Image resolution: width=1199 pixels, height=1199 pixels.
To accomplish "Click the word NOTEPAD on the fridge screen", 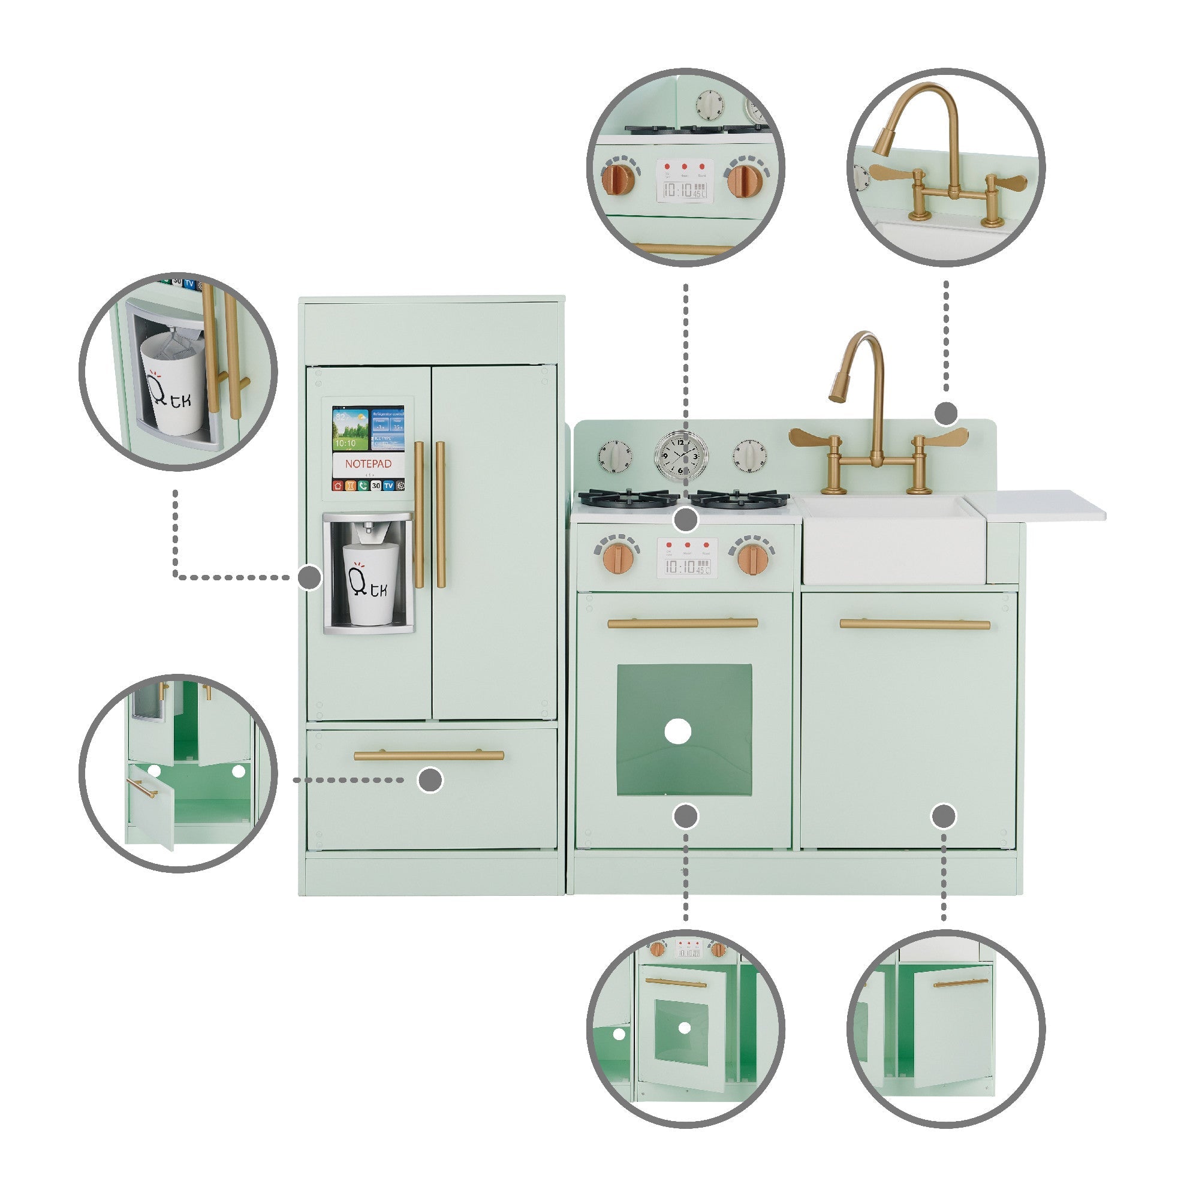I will (x=368, y=463).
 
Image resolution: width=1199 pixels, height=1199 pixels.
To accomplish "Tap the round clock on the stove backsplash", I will (x=681, y=454).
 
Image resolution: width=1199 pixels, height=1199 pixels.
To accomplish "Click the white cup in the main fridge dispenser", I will (x=370, y=583).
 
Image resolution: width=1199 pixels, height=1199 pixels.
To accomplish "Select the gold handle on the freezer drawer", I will (x=429, y=755).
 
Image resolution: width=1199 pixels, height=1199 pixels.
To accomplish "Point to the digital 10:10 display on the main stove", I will (x=688, y=565).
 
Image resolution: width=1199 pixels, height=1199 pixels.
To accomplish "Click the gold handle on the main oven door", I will (x=682, y=623).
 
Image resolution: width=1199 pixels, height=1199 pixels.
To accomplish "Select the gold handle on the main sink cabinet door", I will (x=915, y=624).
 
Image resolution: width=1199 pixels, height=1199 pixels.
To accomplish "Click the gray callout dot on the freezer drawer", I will (x=430, y=779).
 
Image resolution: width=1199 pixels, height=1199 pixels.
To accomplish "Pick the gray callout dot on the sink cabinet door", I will (x=944, y=815).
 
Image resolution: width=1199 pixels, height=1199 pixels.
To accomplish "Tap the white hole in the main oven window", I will (x=677, y=731).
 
